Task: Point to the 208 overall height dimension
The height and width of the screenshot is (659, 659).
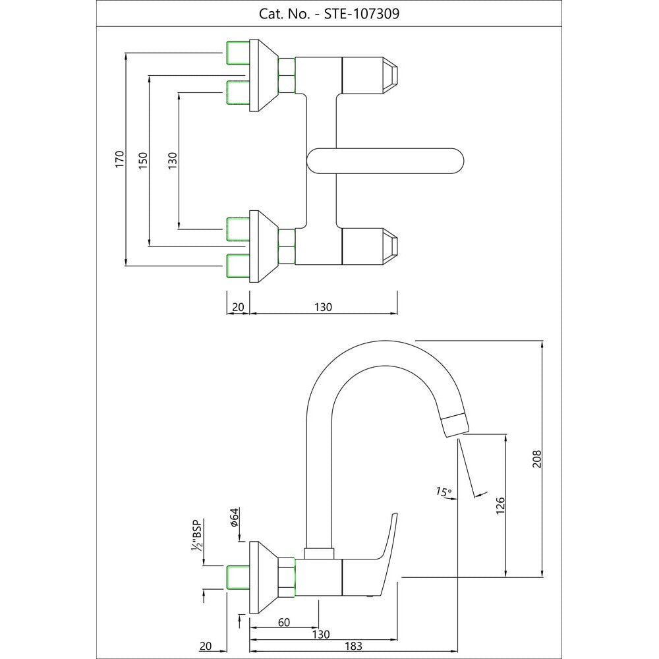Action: [537, 459]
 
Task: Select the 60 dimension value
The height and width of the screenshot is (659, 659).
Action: [283, 622]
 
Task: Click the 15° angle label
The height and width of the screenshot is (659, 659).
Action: [444, 491]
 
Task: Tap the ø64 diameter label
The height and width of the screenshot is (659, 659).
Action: [234, 518]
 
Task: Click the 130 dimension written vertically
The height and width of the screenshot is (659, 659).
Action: [173, 160]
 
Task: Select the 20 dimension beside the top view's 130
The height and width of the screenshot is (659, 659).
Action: [238, 307]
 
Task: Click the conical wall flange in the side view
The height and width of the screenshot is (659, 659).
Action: [264, 577]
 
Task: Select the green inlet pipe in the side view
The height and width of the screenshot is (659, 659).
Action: [237, 577]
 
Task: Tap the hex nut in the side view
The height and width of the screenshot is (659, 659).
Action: [287, 577]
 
